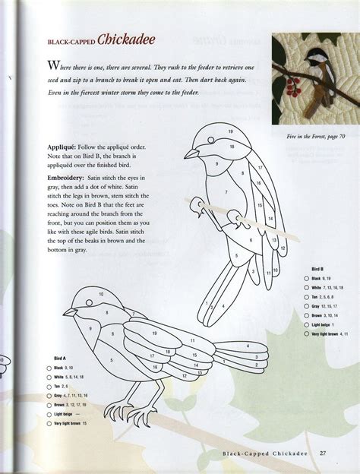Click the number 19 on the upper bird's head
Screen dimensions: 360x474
[x=229, y=133]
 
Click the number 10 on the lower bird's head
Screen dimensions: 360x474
[x=101, y=294]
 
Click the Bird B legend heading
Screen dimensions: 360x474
[x=317, y=270]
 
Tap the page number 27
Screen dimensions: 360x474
[x=323, y=455]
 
